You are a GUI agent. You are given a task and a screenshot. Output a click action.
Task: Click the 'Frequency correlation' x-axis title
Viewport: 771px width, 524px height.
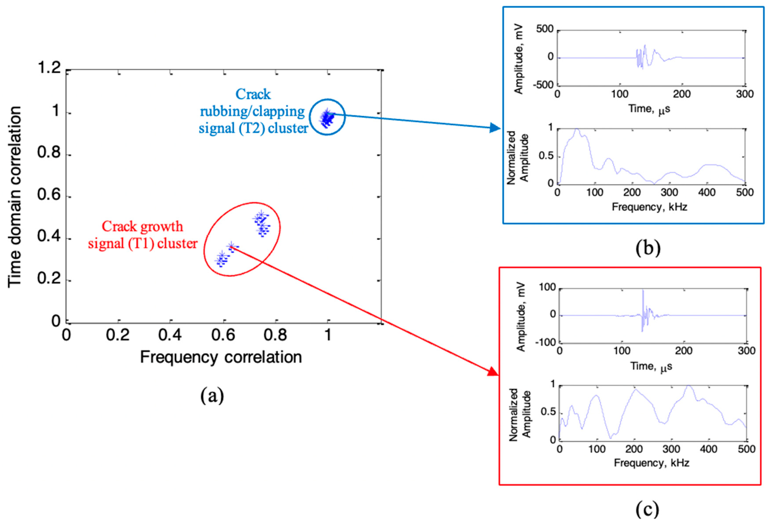click(221, 358)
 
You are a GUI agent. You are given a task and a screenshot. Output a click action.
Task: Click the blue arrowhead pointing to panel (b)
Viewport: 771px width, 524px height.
click(496, 128)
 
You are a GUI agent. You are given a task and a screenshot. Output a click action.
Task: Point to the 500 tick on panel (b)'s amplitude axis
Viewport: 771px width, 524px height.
click(545, 29)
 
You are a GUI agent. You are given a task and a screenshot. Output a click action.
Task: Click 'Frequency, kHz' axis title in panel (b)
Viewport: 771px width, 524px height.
click(649, 207)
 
